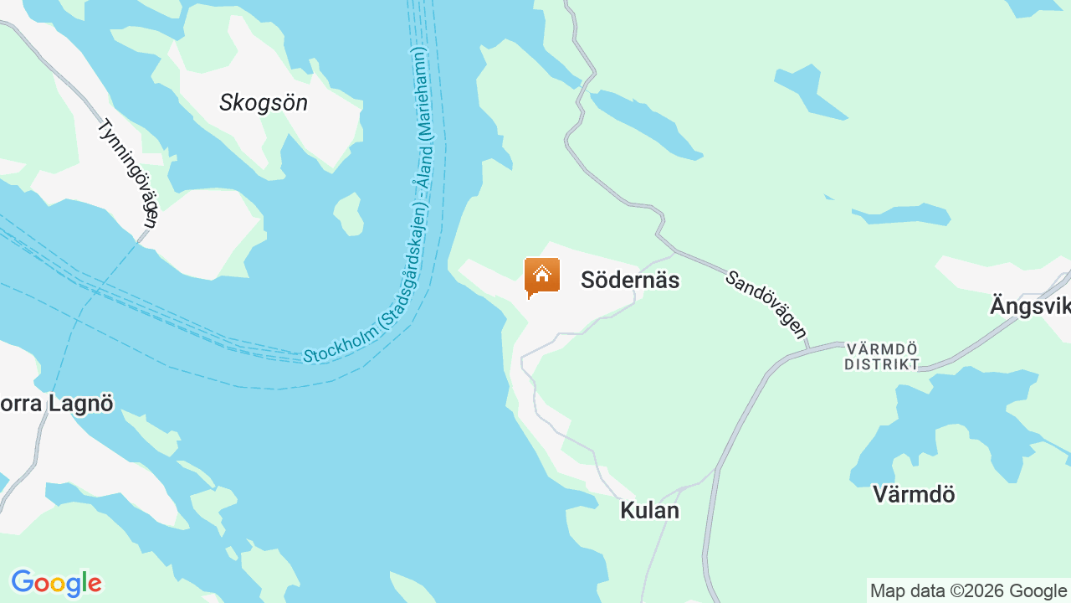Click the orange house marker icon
(x=541, y=276)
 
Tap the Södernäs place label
(x=629, y=280)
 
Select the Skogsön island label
(x=264, y=103)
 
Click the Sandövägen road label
(x=766, y=304)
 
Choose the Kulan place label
(x=649, y=510)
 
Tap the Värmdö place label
(x=914, y=494)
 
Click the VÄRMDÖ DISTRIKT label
(x=881, y=356)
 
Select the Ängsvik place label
(x=1029, y=306)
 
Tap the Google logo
(x=56, y=583)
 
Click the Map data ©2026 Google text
(x=968, y=591)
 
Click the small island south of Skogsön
(x=349, y=214)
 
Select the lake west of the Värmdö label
(x=954, y=419)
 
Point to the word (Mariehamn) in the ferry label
(x=421, y=93)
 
